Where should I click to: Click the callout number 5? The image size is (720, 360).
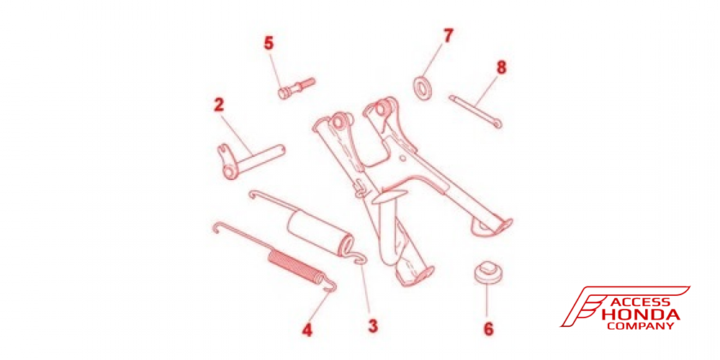(x=268, y=43)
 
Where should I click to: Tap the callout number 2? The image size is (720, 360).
(x=219, y=104)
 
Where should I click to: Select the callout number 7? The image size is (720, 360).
(x=448, y=35)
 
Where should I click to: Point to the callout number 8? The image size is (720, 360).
(x=501, y=68)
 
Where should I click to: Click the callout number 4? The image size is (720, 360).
(x=307, y=330)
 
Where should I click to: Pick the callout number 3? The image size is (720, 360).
(x=373, y=326)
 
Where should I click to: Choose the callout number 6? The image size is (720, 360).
(x=489, y=329)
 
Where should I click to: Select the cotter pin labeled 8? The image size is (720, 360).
(x=475, y=111)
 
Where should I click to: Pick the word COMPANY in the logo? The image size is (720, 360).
(x=641, y=326)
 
